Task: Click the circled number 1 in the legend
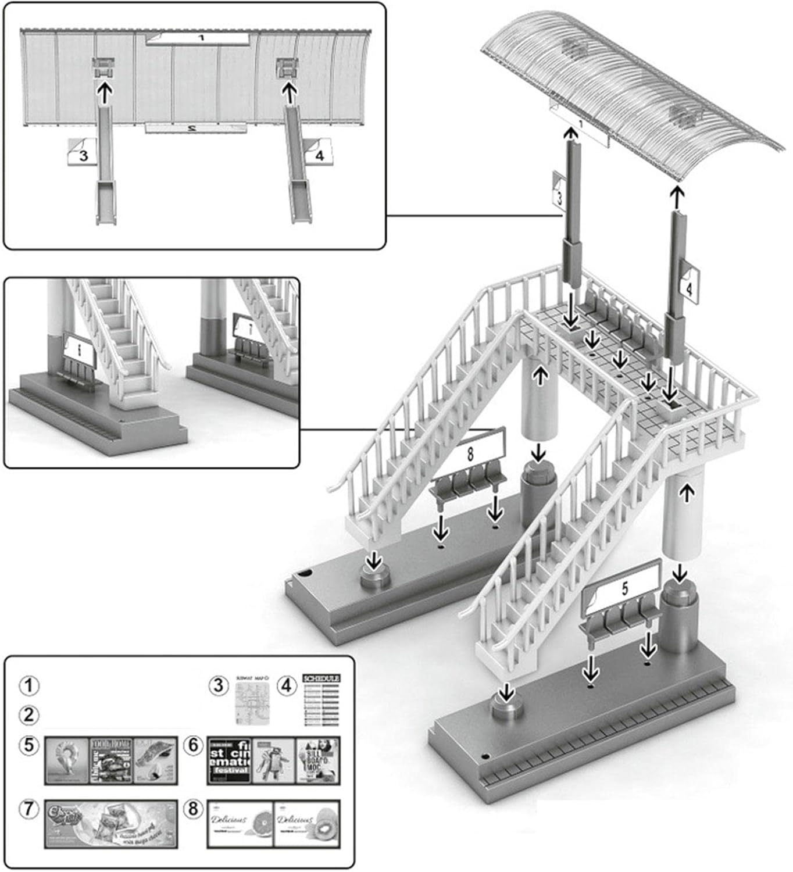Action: (29, 685)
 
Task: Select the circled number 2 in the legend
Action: (29, 714)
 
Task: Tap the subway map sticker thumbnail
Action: (253, 701)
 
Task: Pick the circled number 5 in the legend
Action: (29, 745)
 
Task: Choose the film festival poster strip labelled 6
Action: (273, 760)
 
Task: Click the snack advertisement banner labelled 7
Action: (111, 824)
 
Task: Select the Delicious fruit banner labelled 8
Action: (273, 824)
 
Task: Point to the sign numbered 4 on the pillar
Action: (689, 287)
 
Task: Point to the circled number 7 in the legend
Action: (29, 809)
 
